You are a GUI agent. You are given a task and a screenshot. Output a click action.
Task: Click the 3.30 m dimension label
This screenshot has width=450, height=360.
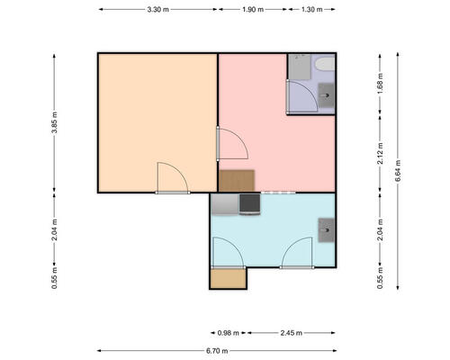pyautogui.click(x=157, y=10)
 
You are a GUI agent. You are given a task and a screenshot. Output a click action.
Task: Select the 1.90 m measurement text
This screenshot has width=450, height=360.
pyautogui.click(x=253, y=10)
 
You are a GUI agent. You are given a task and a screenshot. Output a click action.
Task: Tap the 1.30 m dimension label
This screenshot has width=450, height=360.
pyautogui.click(x=311, y=10)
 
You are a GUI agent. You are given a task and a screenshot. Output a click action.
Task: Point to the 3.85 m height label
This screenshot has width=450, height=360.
pyautogui.click(x=54, y=122)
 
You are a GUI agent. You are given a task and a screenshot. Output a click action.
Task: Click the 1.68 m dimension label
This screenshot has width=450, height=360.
pyautogui.click(x=380, y=84)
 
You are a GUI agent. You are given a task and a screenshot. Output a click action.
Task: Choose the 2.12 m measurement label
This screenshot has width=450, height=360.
pyautogui.click(x=380, y=153)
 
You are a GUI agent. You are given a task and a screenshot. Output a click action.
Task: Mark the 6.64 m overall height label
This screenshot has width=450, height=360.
pyautogui.click(x=398, y=171)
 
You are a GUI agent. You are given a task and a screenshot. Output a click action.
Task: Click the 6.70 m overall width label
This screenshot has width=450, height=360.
pyautogui.click(x=217, y=351)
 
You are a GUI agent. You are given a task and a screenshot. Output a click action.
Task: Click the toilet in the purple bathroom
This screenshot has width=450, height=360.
pyautogui.click(x=325, y=64)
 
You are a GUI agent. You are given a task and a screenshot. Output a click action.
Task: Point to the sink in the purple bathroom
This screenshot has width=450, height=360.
pyautogui.click(x=326, y=95)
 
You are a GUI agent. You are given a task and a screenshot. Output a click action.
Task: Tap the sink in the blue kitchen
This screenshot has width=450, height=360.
pyautogui.click(x=326, y=230)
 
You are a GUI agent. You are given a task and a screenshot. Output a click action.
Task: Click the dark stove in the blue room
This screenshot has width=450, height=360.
pyautogui.click(x=249, y=204)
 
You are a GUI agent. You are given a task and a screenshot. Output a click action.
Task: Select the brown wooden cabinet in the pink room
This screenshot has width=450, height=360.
pyautogui.click(x=237, y=181)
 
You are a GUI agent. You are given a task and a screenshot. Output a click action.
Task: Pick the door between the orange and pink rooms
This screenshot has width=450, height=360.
pyautogui.click(x=232, y=143)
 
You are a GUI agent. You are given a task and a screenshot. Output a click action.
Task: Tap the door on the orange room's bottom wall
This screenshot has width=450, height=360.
pyautogui.click(x=173, y=178)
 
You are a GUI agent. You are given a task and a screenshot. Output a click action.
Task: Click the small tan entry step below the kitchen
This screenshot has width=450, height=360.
pyautogui.click(x=228, y=279)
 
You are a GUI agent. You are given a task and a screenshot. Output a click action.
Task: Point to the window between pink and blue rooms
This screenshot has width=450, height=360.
pyautogui.click(x=278, y=193)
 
